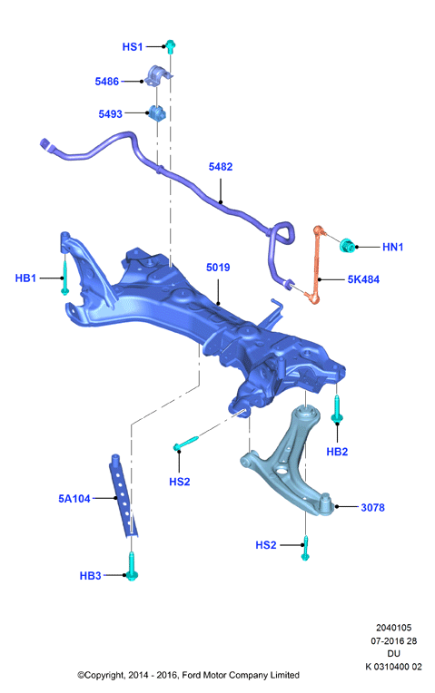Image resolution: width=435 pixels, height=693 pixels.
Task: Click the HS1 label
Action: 133,47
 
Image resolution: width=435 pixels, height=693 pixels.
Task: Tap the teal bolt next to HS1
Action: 171,46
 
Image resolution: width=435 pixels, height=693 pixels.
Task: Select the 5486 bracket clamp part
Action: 158,76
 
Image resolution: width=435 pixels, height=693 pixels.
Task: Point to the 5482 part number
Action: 221,167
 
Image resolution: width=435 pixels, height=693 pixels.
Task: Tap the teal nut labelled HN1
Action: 348,245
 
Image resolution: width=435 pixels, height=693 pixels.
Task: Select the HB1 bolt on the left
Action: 65,278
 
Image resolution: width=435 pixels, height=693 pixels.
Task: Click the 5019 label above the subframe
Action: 218,268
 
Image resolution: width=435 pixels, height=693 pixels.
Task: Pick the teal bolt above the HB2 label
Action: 337,409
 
